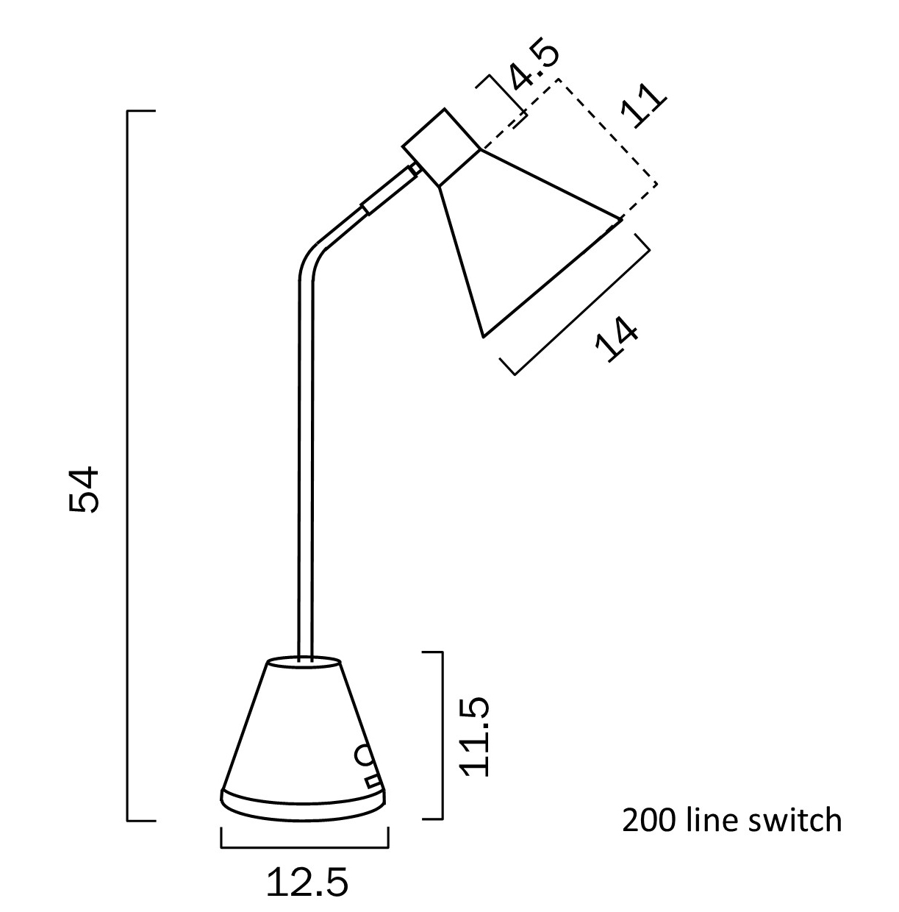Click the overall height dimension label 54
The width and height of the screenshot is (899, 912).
click(82, 489)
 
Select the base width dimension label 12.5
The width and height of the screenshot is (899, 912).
click(307, 883)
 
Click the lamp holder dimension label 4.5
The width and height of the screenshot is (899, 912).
click(535, 66)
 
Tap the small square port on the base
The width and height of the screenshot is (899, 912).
click(373, 779)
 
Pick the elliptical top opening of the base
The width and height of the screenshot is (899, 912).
click(304, 663)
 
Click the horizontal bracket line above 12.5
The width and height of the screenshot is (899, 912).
click(304, 847)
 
